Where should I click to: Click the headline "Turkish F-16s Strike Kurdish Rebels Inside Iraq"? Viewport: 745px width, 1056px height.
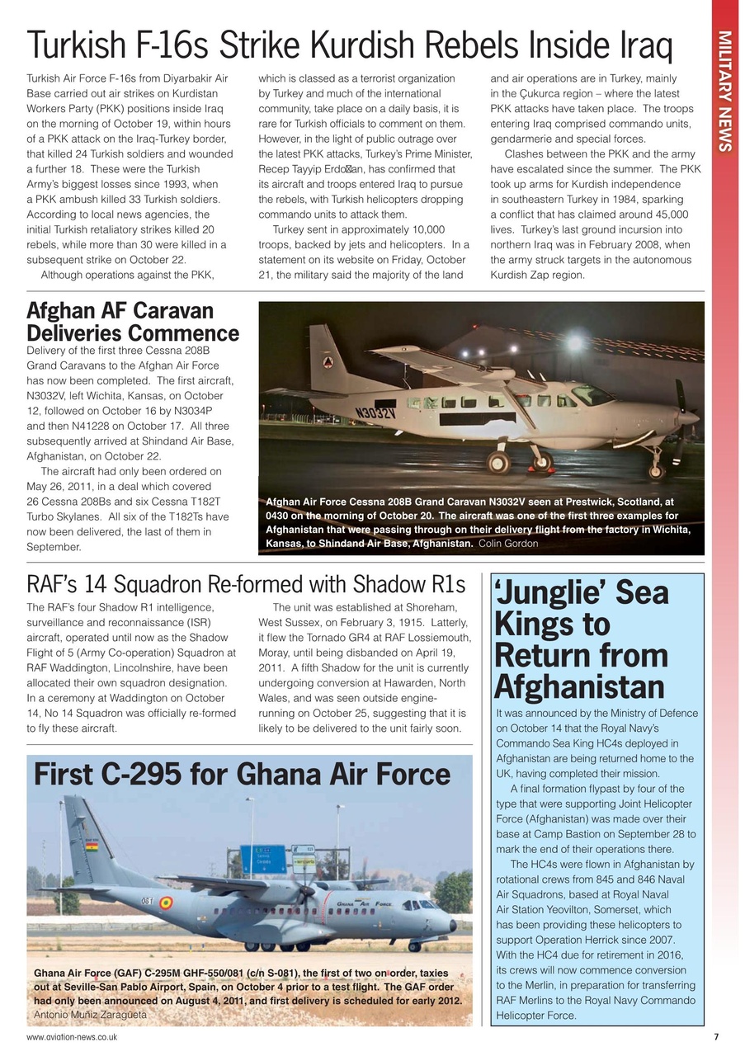(349, 46)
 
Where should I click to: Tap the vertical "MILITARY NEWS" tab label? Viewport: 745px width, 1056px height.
(724, 92)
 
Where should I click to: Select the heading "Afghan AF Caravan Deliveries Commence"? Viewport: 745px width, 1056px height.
(133, 323)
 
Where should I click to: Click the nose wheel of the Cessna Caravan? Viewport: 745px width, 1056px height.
(656, 471)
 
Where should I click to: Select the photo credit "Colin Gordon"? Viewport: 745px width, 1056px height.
(508, 544)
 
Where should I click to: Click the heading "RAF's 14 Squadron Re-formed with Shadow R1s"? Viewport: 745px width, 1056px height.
(246, 584)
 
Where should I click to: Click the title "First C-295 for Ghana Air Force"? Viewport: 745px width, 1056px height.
(242, 775)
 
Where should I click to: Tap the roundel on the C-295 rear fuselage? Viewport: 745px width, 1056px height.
(166, 903)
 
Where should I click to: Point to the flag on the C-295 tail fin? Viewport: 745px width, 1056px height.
(92, 846)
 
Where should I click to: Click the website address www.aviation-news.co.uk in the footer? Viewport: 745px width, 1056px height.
(71, 1037)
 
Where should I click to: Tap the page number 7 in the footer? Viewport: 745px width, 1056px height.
(715, 1037)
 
